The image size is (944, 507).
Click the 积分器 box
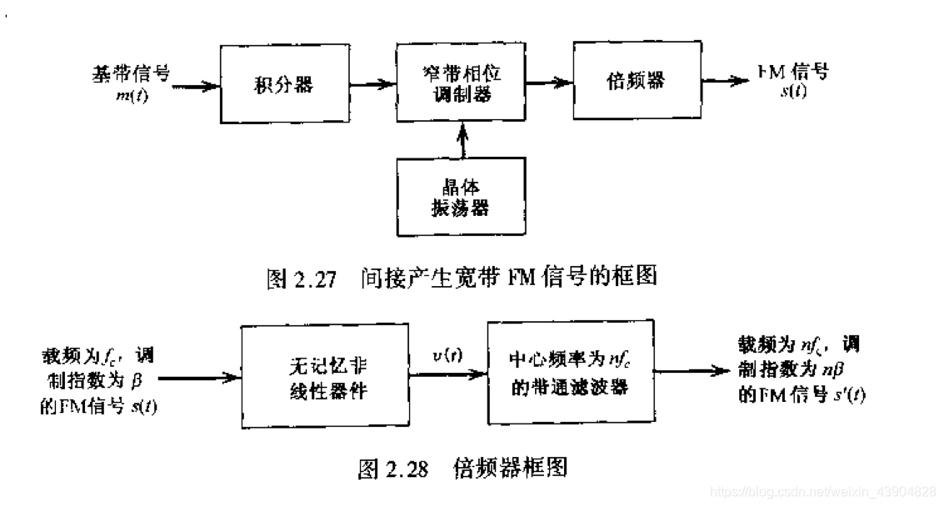(285, 83)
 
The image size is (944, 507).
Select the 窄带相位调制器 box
(463, 83)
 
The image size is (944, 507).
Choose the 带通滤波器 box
(570, 376)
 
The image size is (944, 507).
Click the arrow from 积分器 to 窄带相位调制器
(371, 84)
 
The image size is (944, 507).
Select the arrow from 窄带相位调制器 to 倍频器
(551, 82)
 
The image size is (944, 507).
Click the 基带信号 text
(130, 73)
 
